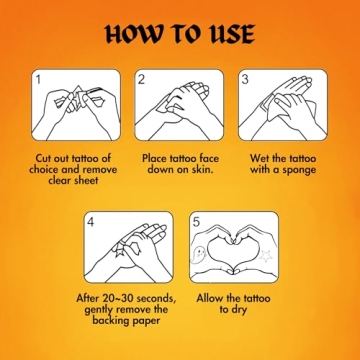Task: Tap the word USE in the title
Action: point(231,34)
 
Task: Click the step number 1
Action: point(40,80)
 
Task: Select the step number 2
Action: point(141,80)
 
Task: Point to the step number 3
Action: point(245,80)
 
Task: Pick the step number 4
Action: point(91,222)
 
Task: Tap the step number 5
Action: point(196,222)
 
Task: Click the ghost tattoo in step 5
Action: point(199,254)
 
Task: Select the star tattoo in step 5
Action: point(266,256)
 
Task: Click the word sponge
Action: point(299,170)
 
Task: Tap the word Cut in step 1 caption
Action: point(44,158)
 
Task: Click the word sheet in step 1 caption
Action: point(85,180)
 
